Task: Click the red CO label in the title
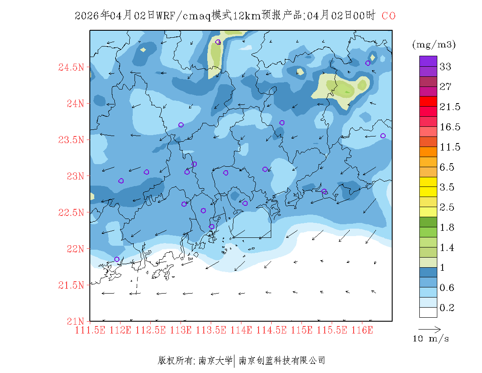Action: [x=389, y=16]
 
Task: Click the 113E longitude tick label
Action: [x=181, y=330]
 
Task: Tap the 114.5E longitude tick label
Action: [x=272, y=330]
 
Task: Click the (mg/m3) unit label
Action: [x=434, y=44]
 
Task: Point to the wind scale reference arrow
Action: [x=429, y=329]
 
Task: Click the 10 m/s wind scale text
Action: [x=431, y=339]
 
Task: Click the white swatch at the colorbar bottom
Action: [x=428, y=312]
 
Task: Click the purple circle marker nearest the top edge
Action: [x=218, y=42]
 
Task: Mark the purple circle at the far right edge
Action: [x=383, y=136]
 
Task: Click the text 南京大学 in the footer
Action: [x=215, y=361]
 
